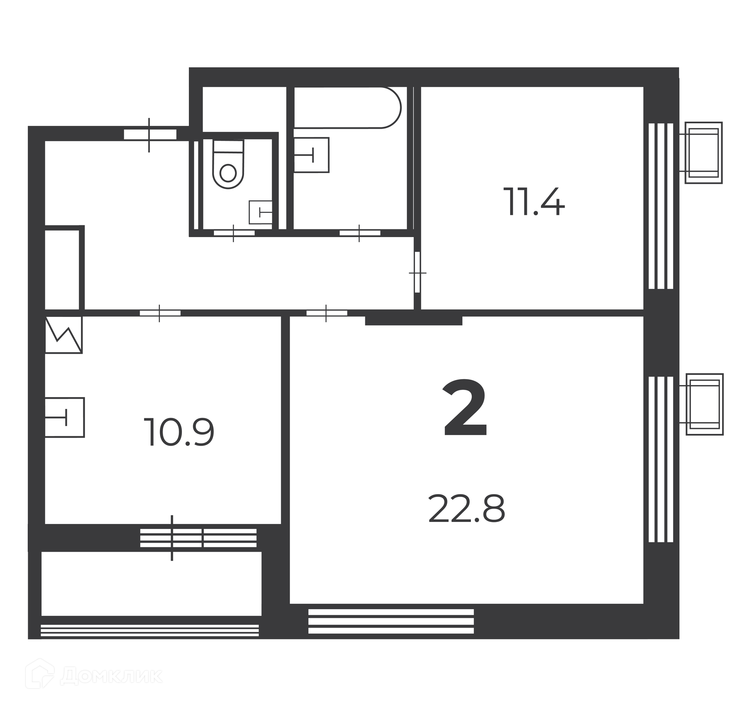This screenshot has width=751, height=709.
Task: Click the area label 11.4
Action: (x=534, y=202)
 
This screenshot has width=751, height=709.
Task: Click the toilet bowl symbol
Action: (x=228, y=164)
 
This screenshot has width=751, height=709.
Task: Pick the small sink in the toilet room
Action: (x=261, y=212)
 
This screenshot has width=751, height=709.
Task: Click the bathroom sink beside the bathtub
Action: (x=311, y=155)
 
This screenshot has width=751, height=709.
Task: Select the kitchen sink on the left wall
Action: (x=65, y=417)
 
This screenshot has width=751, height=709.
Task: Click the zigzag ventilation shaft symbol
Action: (x=64, y=335)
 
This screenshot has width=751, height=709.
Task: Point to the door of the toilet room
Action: (x=234, y=233)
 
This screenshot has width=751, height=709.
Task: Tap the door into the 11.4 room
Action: (x=417, y=272)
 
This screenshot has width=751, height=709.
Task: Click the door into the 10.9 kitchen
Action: (x=160, y=313)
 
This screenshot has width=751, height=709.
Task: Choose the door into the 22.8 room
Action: (x=327, y=313)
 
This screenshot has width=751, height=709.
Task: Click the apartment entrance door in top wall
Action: (x=150, y=135)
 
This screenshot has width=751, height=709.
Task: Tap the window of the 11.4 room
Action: (x=661, y=206)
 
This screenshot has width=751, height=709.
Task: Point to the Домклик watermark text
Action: (x=111, y=676)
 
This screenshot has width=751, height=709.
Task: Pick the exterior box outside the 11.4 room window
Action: (x=703, y=153)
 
